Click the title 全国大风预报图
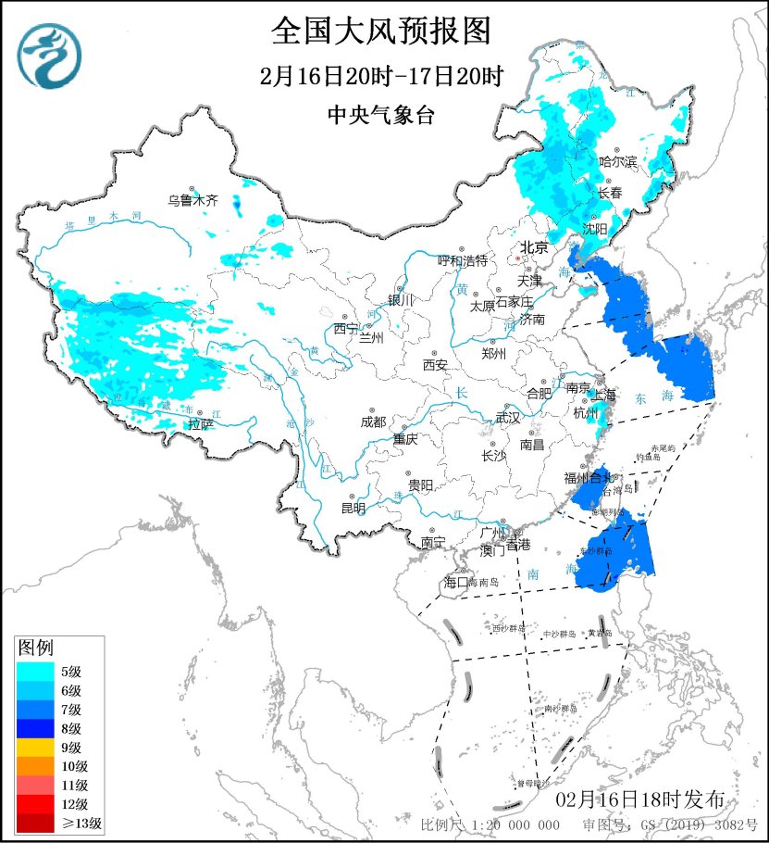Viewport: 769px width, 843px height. (380, 31)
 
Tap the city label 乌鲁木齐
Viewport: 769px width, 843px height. (192, 199)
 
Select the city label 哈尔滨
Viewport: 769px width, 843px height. (618, 161)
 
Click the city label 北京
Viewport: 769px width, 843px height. (534, 247)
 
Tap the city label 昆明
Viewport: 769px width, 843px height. (353, 507)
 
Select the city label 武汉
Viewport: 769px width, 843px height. (508, 418)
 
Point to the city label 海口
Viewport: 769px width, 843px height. (458, 582)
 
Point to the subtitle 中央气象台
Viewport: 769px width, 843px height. (380, 115)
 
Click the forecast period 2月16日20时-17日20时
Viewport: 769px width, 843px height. (380, 76)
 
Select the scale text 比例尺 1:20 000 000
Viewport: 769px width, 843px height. (490, 824)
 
